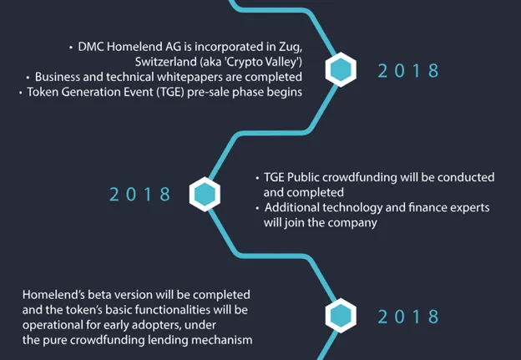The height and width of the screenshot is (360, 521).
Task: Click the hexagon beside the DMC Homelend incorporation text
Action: click(341, 70)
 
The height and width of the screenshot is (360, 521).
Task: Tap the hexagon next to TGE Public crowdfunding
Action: click(205, 194)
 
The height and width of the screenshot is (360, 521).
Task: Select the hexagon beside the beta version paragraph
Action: click(341, 316)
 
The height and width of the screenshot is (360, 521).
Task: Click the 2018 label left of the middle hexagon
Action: click(140, 194)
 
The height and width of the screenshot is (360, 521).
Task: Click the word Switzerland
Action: click(166, 62)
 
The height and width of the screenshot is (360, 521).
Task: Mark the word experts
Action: click(469, 209)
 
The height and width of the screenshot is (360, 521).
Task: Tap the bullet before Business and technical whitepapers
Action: click(28, 78)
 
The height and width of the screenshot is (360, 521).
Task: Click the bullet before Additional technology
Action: click(257, 209)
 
